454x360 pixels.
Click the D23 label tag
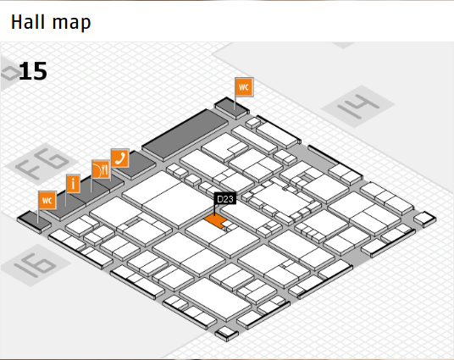tap(225, 199)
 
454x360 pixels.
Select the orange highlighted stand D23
tap(215, 221)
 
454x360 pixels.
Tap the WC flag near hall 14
tap(244, 86)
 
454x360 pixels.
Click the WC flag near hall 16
tap(47, 200)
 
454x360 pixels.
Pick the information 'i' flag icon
tap(73, 183)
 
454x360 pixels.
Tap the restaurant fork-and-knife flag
tap(101, 169)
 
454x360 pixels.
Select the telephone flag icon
tap(120, 158)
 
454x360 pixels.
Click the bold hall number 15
tap(33, 71)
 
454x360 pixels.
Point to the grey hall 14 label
tap(358, 106)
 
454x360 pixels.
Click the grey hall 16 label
tap(36, 265)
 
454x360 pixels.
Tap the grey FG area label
tap(42, 163)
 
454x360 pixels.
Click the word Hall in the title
tap(28, 22)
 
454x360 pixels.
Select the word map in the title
tap(71, 23)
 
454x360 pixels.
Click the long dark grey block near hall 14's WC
tap(185, 135)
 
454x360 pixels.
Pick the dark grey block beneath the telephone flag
tap(134, 166)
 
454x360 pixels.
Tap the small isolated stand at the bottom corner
tap(227, 334)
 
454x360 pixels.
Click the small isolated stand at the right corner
tap(424, 219)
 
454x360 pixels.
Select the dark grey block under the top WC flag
tap(231, 108)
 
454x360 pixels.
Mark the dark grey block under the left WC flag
tap(34, 222)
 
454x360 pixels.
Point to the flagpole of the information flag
tap(66, 200)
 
